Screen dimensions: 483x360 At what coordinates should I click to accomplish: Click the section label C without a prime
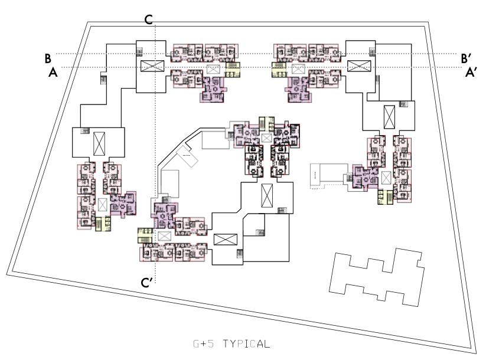pyautogui.click(x=149, y=19)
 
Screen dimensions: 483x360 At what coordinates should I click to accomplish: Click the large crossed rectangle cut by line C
pyautogui.click(x=150, y=66)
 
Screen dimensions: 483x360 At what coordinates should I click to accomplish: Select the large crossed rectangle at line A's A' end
pyautogui.click(x=357, y=66)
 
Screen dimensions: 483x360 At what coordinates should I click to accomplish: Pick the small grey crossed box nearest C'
pyautogui.click(x=164, y=236)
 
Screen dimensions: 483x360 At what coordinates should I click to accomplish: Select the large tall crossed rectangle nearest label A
pyautogui.click(x=99, y=142)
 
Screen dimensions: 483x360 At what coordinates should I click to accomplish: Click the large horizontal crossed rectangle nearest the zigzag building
pyautogui.click(x=224, y=241)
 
